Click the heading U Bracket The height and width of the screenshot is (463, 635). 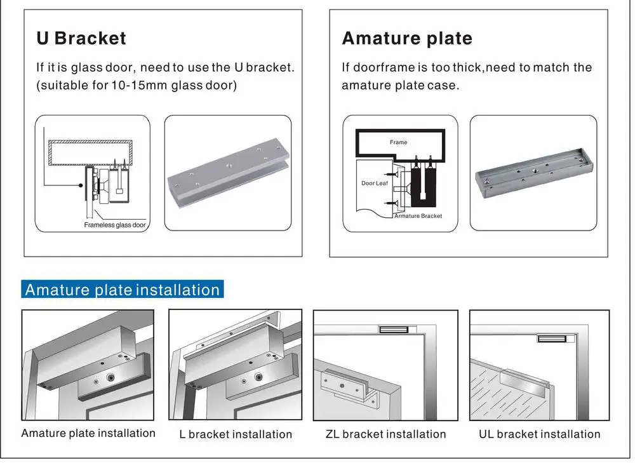(x=81, y=38)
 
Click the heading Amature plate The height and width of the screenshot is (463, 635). (x=407, y=38)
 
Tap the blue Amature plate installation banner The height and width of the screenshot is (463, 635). (x=122, y=290)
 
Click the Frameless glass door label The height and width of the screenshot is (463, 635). (x=115, y=225)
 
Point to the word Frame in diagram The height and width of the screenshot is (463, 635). (x=398, y=142)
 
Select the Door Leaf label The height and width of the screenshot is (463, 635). (x=374, y=183)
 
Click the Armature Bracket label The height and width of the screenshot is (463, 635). (x=418, y=216)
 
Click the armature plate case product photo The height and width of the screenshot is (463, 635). (x=533, y=173)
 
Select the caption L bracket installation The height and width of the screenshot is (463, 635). (x=236, y=434)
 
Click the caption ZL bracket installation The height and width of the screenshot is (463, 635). (x=385, y=434)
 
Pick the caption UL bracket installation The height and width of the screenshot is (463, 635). (x=539, y=434)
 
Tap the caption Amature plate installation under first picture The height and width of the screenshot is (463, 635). (x=88, y=433)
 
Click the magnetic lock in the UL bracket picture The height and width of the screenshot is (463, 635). (x=551, y=338)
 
